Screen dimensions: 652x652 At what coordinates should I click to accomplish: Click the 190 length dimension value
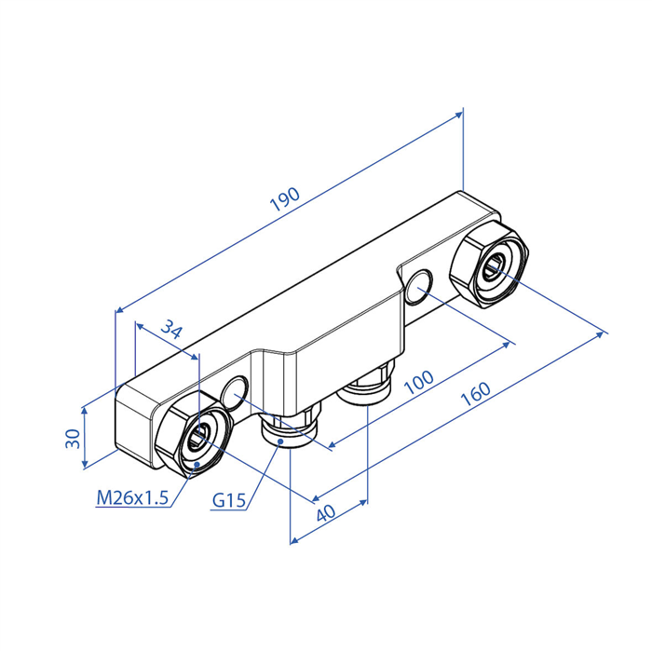tap(285, 199)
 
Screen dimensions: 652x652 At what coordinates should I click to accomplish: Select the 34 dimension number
tap(171, 329)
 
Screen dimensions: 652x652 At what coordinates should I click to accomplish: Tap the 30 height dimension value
tap(73, 439)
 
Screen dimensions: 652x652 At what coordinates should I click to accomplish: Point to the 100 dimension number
tap(419, 382)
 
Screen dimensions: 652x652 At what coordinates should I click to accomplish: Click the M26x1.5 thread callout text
tap(132, 497)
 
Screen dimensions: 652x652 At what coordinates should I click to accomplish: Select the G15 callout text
tap(229, 500)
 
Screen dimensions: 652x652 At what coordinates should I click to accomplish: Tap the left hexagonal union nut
tap(192, 435)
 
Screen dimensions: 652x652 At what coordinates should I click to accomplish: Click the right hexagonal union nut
tap(489, 265)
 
